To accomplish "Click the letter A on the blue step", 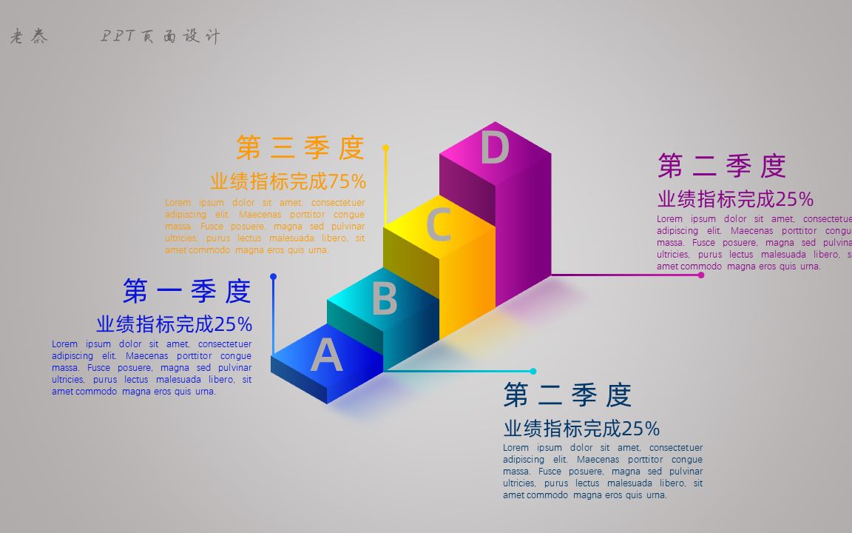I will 326,355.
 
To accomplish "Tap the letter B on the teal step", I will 384,298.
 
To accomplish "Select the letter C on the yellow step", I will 439,225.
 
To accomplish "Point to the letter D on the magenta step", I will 494,147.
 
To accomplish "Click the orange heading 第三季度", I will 300,148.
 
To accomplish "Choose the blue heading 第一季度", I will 187,291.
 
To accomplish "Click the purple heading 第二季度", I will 721,166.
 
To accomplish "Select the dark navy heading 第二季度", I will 567,395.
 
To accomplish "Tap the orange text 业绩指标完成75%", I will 288,181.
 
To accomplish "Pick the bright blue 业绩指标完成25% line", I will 174,324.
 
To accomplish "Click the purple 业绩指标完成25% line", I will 735,199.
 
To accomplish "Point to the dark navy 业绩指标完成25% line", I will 581,429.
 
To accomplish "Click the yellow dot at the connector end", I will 385,148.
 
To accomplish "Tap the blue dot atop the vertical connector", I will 273,277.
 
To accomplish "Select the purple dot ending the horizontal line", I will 701,275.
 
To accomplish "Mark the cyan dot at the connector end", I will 532,372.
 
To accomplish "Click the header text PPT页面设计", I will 160,36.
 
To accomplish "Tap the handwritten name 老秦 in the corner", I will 29,37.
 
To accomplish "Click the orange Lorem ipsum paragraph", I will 265,226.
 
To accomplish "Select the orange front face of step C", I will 467,281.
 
